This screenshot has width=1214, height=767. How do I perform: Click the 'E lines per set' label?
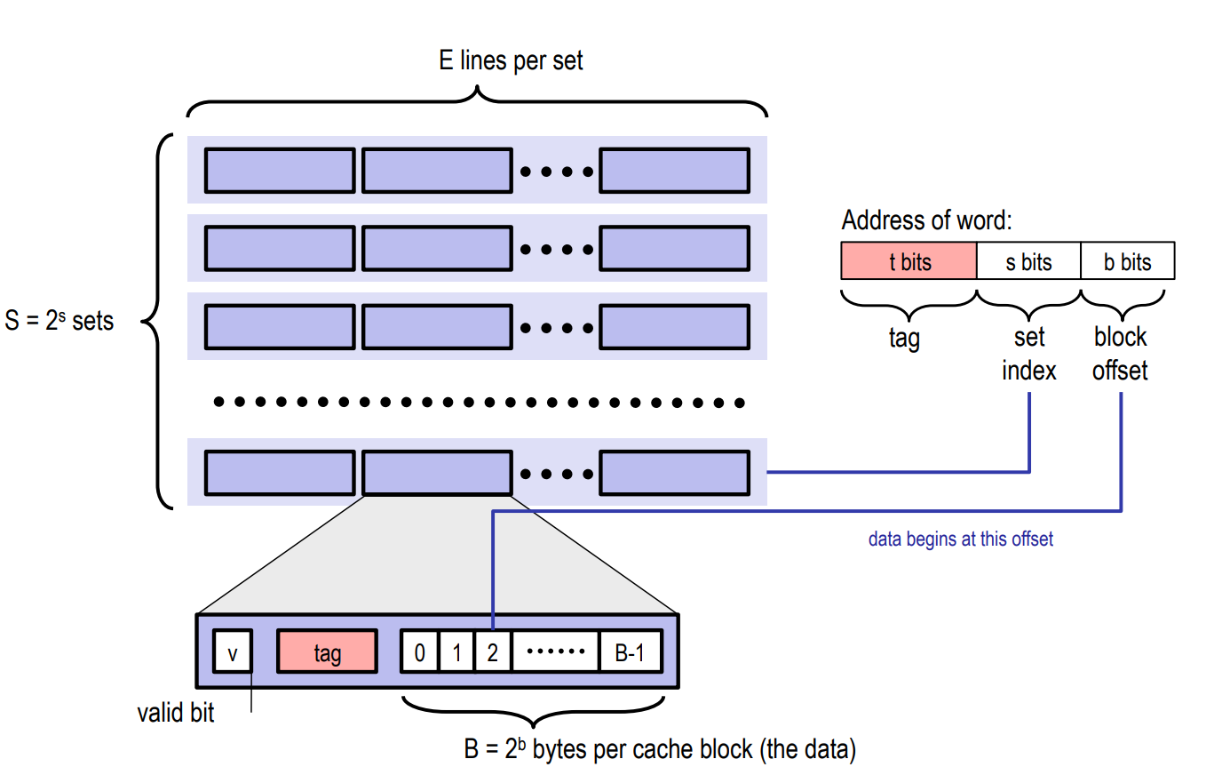coord(511,61)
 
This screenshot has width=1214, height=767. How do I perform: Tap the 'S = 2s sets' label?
coord(60,321)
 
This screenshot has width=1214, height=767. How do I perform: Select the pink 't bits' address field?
coord(909,261)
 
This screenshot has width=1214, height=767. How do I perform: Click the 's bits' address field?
coord(1028,261)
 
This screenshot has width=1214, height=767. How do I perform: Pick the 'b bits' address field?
coord(1127,261)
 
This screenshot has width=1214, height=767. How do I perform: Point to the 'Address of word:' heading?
coord(926,220)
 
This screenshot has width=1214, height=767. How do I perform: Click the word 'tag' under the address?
coord(904,338)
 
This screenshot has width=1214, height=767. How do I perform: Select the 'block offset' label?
coord(1120,353)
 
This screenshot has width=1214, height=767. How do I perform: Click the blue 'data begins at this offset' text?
coord(960,539)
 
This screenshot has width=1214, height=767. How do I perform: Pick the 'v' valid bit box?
coord(233,653)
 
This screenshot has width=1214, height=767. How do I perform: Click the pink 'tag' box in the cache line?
coord(327,653)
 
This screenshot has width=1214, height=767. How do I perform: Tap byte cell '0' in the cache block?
coord(420,653)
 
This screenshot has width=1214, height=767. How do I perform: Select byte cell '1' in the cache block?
coord(456,653)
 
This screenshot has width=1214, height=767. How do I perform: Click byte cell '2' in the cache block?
coord(493,653)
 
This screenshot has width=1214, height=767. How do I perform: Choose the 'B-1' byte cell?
coord(630,653)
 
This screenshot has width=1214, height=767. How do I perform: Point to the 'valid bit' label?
coord(176,713)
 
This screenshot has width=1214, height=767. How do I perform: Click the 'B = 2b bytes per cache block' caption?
coord(659,749)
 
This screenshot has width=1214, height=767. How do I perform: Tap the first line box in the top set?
coord(280,171)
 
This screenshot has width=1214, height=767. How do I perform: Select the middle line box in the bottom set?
coord(437,473)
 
